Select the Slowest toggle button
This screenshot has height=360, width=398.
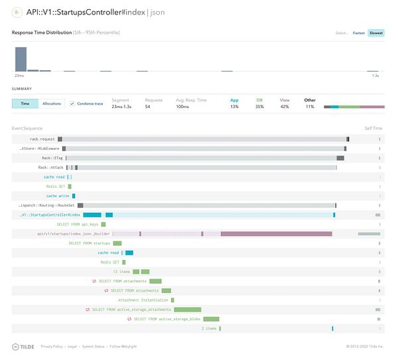[375, 32]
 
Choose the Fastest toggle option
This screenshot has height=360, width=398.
[359, 32]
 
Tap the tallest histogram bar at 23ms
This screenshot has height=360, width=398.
[21, 59]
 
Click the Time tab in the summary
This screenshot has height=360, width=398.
[25, 104]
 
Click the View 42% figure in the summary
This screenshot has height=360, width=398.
[285, 107]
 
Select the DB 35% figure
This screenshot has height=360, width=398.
[259, 107]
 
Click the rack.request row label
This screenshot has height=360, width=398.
[42, 139]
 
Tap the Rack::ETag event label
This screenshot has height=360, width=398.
[51, 158]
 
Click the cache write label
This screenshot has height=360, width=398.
[58, 196]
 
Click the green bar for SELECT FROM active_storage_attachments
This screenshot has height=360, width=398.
[187, 310]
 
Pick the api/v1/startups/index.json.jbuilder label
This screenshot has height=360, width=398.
[73, 233]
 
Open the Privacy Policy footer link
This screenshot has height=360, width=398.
[51, 346]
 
